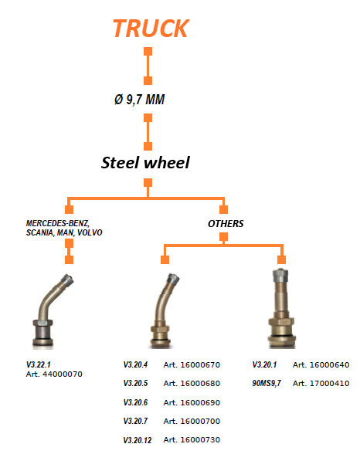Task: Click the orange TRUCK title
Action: pyautogui.click(x=151, y=29)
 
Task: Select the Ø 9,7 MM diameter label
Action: pyautogui.click(x=140, y=100)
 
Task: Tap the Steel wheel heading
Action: pyautogui.click(x=145, y=162)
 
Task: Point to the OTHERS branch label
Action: pyautogui.click(x=226, y=224)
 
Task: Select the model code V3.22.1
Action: pyautogui.click(x=39, y=364)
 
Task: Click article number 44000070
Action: pyautogui.click(x=63, y=374)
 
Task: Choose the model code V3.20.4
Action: pyautogui.click(x=135, y=364)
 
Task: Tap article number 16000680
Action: pyautogui.click(x=200, y=383)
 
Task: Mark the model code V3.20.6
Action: pyautogui.click(x=135, y=402)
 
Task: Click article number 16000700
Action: pyautogui.click(x=200, y=422)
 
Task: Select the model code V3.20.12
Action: pyautogui.click(x=138, y=440)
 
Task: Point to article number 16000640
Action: pyautogui.click(x=329, y=364)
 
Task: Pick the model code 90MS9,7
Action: pyautogui.click(x=267, y=383)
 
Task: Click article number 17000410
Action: pyautogui.click(x=329, y=383)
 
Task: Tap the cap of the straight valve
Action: pyautogui.click(x=280, y=275)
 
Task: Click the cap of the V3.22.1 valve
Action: pyautogui.click(x=67, y=280)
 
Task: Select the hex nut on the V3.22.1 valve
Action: pyautogui.click(x=42, y=323)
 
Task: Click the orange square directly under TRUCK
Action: pyautogui.click(x=148, y=52)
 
